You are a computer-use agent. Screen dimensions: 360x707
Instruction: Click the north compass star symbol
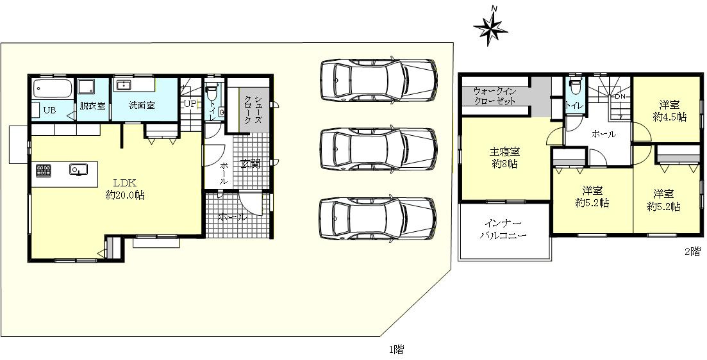click(490, 28)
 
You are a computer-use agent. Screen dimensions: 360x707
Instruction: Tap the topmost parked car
click(378, 80)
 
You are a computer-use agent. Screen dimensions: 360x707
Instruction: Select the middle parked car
click(378, 149)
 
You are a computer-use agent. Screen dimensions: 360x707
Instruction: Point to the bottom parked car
click(378, 219)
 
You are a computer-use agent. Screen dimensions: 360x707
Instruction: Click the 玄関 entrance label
click(249, 163)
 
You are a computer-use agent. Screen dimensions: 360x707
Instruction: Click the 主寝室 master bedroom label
click(504, 152)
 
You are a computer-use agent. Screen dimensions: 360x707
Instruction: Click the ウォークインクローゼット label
click(495, 96)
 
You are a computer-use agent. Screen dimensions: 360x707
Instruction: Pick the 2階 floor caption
click(692, 251)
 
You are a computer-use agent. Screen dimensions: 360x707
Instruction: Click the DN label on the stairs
click(619, 97)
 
